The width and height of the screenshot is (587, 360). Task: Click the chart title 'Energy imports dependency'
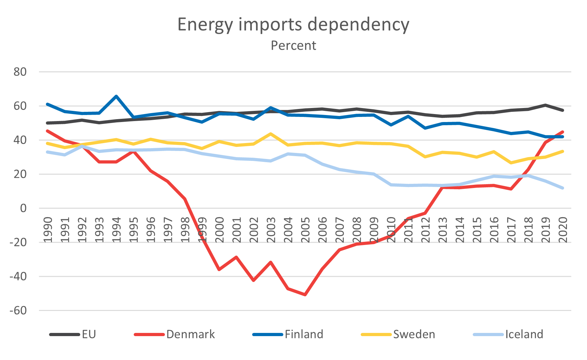293,25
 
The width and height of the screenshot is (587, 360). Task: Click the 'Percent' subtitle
293,46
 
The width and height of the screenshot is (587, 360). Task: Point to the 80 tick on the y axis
20,72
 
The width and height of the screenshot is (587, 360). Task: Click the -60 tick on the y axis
18,311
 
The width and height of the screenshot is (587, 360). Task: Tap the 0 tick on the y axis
23,208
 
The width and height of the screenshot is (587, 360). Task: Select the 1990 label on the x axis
48,230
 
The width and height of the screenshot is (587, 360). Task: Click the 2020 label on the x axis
563,230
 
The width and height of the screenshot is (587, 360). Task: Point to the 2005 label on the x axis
305,230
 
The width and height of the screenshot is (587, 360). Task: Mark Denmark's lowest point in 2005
305,295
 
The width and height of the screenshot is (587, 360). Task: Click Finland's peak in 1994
116,96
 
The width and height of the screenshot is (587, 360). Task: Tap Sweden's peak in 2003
271,134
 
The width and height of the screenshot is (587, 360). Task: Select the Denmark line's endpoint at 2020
563,132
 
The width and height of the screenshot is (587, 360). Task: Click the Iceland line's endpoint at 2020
563,188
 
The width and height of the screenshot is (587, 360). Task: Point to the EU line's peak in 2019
546,105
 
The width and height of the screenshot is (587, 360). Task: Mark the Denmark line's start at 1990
47,131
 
